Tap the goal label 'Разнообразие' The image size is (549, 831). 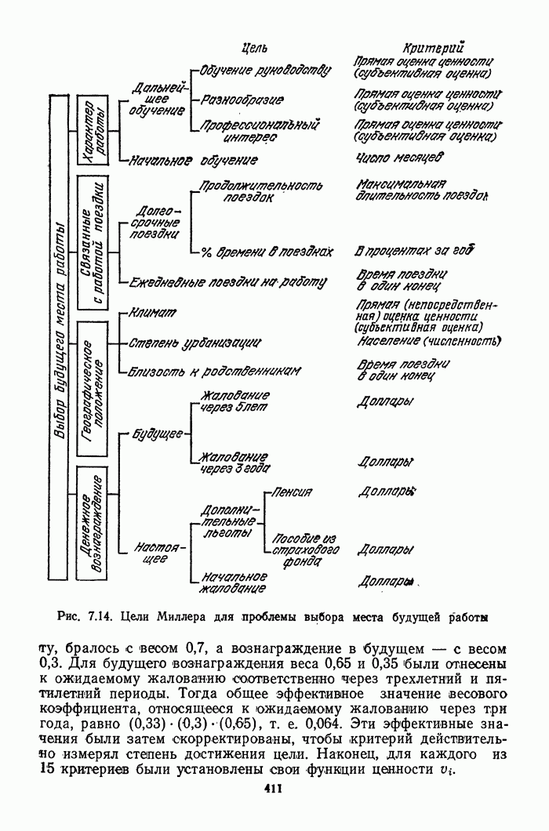coord(242,100)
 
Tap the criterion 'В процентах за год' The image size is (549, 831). coord(414,252)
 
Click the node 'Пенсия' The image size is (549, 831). coord(291,492)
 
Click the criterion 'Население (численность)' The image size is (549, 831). coord(428,342)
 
